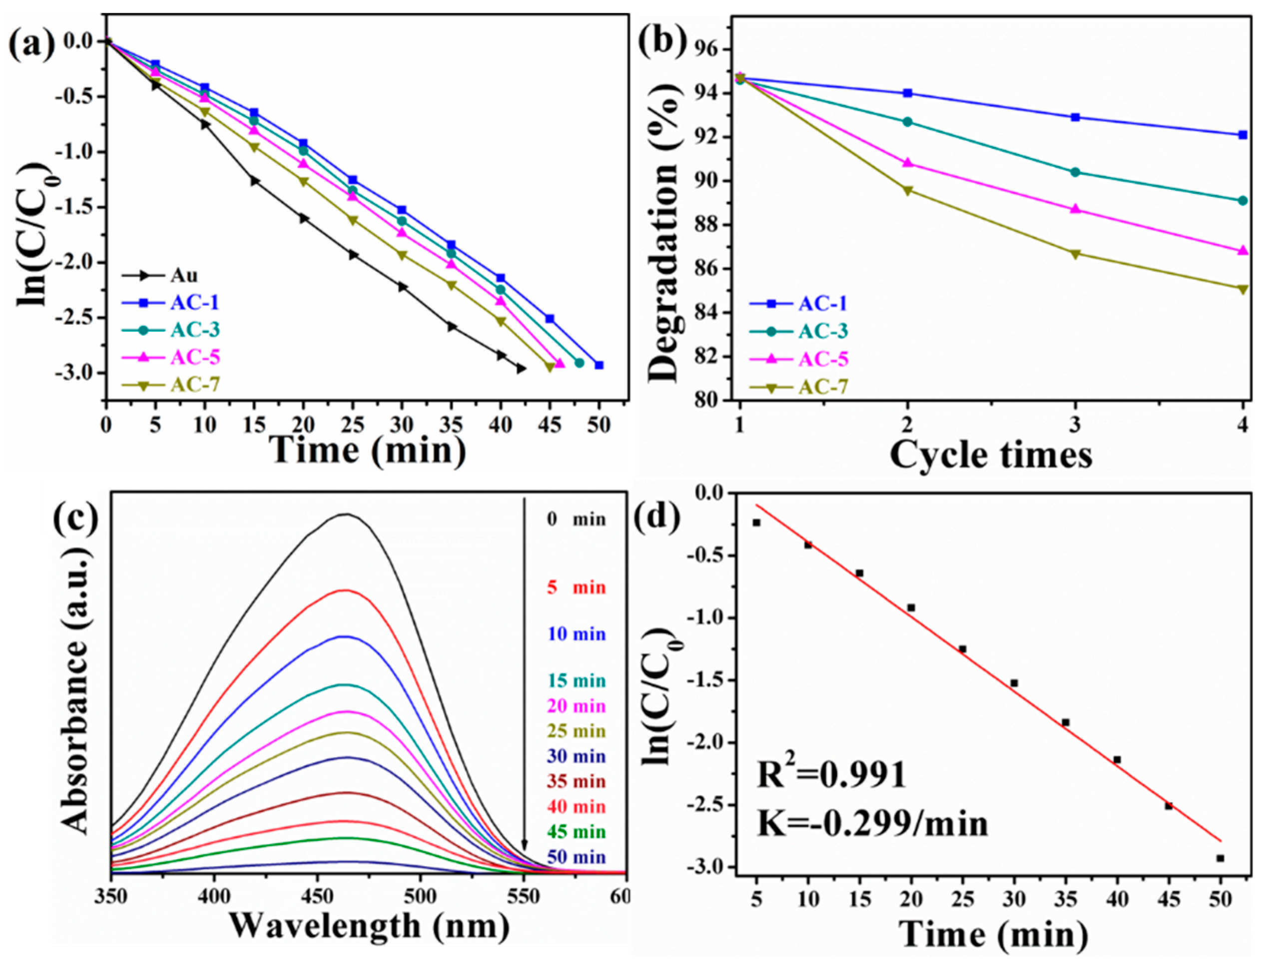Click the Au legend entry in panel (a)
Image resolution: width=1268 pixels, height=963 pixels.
(183, 276)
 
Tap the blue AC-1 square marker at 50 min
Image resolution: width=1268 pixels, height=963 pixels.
(599, 365)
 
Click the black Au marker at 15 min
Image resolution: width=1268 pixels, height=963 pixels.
(254, 181)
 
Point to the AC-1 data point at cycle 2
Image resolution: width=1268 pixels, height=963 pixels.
(907, 93)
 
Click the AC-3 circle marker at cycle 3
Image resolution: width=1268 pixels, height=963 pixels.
(1075, 172)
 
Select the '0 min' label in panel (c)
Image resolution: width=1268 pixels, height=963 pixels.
(576, 520)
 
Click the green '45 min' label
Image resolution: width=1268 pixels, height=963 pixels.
(576, 832)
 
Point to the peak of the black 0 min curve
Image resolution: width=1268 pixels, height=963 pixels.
(346, 514)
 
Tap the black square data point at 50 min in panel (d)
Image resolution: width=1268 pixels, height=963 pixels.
(1221, 858)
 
